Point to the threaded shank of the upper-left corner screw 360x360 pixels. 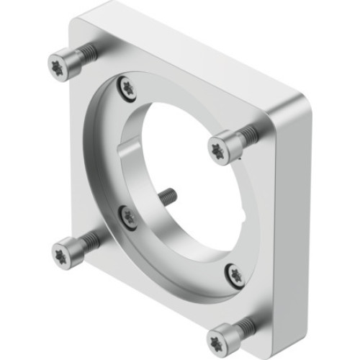(86, 51)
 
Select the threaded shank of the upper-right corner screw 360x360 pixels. (247, 134)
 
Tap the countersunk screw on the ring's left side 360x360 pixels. (129, 217)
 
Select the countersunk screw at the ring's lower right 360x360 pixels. (234, 271)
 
